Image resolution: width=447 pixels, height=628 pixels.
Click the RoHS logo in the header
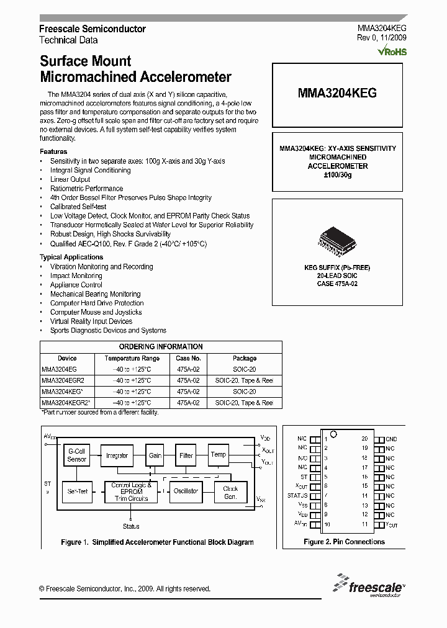(x=392, y=52)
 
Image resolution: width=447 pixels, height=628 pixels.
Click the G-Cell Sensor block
(x=77, y=455)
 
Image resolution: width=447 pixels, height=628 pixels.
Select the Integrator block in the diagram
(x=117, y=455)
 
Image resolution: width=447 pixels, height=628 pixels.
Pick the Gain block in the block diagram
(x=155, y=455)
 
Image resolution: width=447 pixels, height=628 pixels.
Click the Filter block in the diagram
(x=186, y=455)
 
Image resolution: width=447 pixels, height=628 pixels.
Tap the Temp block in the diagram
(x=218, y=454)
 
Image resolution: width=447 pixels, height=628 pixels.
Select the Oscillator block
(x=186, y=491)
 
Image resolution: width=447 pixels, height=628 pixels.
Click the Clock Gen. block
(x=230, y=492)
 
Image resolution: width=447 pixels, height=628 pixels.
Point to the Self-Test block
(x=77, y=491)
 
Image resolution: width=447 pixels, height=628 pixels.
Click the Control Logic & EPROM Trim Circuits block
(x=131, y=491)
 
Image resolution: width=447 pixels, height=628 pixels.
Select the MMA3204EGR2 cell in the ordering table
(x=59, y=380)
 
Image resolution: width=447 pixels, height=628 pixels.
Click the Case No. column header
(x=188, y=358)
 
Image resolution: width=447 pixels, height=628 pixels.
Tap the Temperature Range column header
(x=132, y=358)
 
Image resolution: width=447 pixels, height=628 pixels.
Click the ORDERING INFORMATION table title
(x=161, y=347)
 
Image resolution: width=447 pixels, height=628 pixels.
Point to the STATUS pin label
(x=297, y=496)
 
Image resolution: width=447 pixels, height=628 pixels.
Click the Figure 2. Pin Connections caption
(x=344, y=542)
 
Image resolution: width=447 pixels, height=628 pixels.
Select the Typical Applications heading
(x=71, y=257)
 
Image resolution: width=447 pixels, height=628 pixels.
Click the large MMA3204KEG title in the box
(x=337, y=93)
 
